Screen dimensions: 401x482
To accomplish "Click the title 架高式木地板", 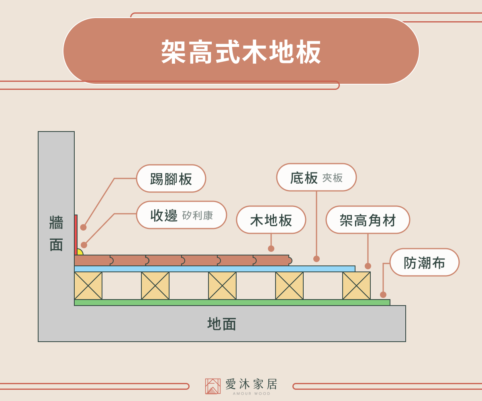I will tap(241, 52).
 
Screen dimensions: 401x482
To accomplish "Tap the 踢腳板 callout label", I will tap(171, 178).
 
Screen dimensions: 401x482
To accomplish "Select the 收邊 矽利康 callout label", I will tap(182, 215).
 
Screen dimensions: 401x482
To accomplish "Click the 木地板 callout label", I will tap(271, 220).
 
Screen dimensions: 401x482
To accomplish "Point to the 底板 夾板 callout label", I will tap(317, 177).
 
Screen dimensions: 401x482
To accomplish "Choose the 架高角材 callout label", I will tap(368, 220).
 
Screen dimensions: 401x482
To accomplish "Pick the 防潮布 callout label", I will tap(425, 263).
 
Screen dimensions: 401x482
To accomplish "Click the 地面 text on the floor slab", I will tap(222, 324).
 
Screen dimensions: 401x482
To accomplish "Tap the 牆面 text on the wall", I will tap(56, 233).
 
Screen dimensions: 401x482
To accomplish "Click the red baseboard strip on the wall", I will tap(76, 235).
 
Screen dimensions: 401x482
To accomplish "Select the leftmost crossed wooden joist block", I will tap(88, 286).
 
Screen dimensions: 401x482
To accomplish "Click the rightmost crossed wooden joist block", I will tap(356, 286).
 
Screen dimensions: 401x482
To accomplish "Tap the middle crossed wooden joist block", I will tap(222, 286).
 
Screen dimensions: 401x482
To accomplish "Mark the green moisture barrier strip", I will tap(232, 302).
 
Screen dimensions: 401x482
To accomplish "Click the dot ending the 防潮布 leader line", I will tap(383, 295).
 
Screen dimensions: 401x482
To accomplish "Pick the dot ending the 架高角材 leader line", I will tap(368, 266).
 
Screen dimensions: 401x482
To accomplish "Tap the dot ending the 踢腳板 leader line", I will tap(84, 227).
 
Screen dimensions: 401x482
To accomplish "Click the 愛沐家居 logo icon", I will tap(212, 386).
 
